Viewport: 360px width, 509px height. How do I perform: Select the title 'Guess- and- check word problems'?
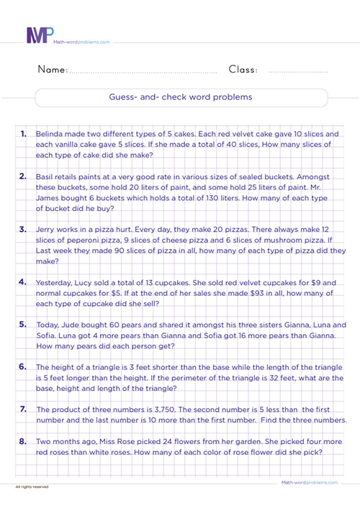point(180,96)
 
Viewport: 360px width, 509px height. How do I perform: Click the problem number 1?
point(24,135)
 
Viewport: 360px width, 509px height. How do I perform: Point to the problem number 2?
point(24,176)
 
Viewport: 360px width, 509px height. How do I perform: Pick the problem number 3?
point(24,228)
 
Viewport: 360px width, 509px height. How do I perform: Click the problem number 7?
point(24,410)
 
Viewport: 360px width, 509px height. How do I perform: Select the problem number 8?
point(24,442)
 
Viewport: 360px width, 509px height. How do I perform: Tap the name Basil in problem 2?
point(46,176)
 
